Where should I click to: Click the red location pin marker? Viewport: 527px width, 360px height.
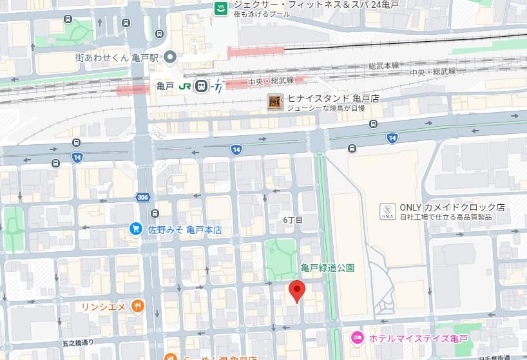[296, 291]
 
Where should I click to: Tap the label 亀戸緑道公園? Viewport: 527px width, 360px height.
[327, 267]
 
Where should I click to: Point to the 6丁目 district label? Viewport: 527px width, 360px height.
[292, 220]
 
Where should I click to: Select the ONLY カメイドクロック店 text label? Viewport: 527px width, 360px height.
[452, 207]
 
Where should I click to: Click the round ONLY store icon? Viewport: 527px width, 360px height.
[387, 211]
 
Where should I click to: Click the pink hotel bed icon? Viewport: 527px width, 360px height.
[356, 337]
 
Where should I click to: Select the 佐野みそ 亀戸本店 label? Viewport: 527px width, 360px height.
[185, 229]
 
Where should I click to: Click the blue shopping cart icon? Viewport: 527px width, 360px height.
[135, 229]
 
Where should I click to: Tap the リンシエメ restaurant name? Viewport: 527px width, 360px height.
[103, 307]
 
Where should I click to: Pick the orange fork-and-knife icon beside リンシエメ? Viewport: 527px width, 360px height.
[137, 307]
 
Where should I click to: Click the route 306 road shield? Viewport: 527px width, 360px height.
[143, 198]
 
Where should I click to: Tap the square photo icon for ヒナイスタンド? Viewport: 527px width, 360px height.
[275, 102]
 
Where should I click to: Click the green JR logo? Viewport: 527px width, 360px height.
[185, 86]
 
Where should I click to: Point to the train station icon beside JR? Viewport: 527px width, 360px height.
[202, 86]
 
